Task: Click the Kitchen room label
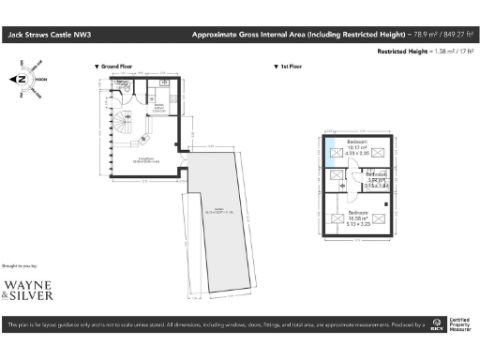[x=158, y=106]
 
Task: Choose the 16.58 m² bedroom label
[x=358, y=217]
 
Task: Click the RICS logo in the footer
[x=437, y=327]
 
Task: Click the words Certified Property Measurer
[x=461, y=326]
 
